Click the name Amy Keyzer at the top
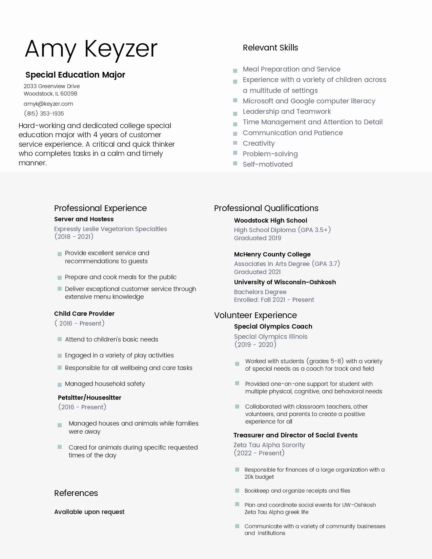pyautogui.click(x=91, y=49)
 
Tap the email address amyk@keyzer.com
pyautogui.click(x=48, y=104)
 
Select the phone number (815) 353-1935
pyautogui.click(x=44, y=113)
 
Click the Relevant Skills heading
pyautogui.click(x=270, y=48)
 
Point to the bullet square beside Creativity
pyautogui.click(x=235, y=143)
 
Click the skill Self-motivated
pyautogui.click(x=268, y=164)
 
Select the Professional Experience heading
pyautogui.click(x=100, y=208)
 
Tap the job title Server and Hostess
pyautogui.click(x=84, y=219)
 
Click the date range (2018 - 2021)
pyautogui.click(x=74, y=236)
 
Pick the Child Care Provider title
pyautogui.click(x=84, y=314)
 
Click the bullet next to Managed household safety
pyautogui.click(x=60, y=385)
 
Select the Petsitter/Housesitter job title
pyautogui.click(x=89, y=398)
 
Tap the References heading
pyautogui.click(x=76, y=493)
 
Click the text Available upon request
pyautogui.click(x=89, y=512)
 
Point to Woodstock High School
pyautogui.click(x=270, y=221)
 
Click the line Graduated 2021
pyautogui.click(x=257, y=272)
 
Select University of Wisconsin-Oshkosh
pyautogui.click(x=285, y=282)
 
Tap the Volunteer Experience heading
pyautogui.click(x=255, y=315)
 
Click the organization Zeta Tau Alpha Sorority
pyautogui.click(x=269, y=445)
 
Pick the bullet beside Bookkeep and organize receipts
pyautogui.click(x=237, y=491)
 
